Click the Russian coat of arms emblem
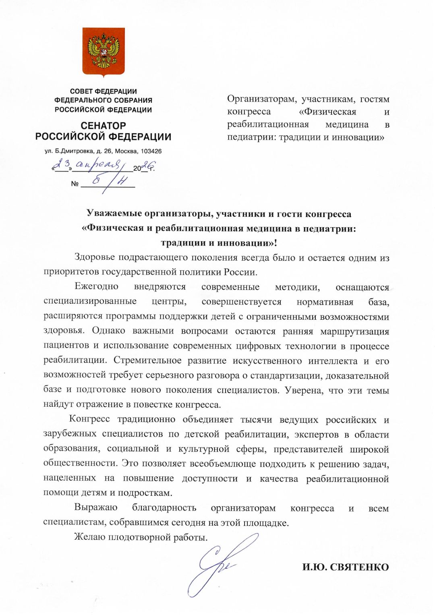(104, 52)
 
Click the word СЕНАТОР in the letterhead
(103, 126)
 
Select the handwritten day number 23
(62, 164)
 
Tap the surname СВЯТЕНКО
(359, 567)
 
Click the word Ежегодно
(96, 287)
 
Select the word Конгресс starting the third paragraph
(89, 419)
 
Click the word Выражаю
(96, 508)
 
